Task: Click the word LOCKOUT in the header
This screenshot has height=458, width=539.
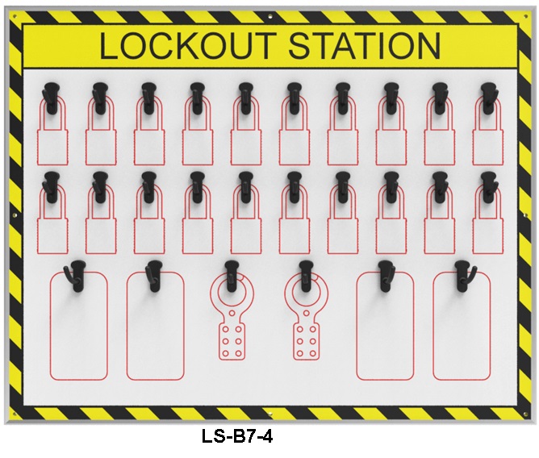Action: pos(188,45)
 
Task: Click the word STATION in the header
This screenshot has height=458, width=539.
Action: pos(365,45)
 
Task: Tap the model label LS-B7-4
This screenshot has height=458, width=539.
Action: pos(237,437)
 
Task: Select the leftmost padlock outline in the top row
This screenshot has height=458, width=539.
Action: pos(52,130)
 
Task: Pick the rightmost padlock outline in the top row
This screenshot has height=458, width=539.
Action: pos(488,130)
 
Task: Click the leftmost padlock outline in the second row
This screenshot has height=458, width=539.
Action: pos(52,219)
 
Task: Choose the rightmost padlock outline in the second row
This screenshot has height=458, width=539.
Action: pos(488,219)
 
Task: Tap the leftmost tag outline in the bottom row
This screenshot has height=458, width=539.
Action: pos(79,326)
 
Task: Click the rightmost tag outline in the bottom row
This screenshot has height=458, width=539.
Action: pos(462,326)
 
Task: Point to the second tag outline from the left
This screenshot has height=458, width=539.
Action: pos(156,326)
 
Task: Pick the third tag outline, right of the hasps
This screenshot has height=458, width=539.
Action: pos(385,326)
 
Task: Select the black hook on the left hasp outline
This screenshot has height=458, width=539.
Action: pos(232,276)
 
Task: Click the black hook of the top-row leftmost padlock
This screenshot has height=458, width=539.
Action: pos(51,98)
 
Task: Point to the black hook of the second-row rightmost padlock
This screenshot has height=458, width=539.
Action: pos(489,187)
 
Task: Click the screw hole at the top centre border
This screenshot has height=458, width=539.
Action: pos(270,16)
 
